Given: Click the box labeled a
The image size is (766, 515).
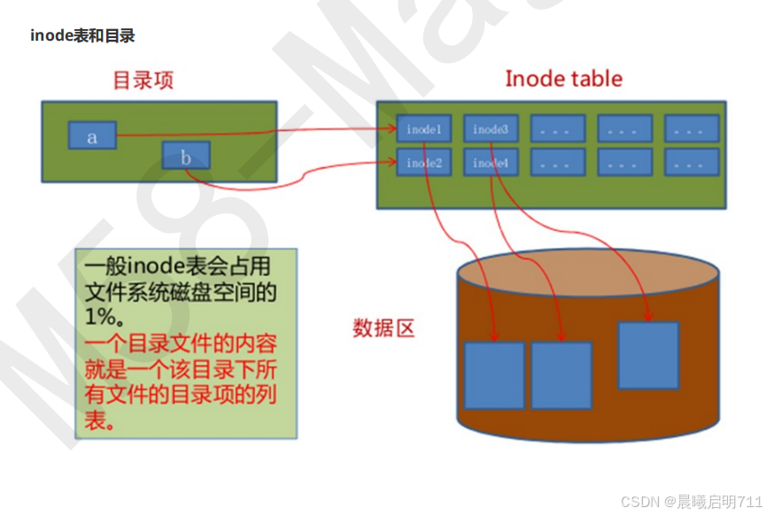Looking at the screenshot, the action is pos(92,136).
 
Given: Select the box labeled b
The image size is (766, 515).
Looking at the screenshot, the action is pos(185,157).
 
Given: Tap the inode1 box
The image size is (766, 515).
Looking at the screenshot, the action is pos(423,129).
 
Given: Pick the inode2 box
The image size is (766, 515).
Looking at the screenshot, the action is pos(423,163).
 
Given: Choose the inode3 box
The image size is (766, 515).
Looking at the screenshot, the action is pos(490,129).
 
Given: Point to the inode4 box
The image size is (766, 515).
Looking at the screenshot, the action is pos(490,163).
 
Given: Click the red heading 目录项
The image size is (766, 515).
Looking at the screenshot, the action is pos(143,80).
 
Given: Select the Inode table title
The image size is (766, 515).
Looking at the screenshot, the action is pos(563,78).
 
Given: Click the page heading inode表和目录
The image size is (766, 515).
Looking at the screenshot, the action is pos(82,36).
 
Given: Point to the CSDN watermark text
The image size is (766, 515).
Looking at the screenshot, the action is pos(692,502).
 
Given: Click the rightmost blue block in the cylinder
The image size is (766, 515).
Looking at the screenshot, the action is pos(648,355).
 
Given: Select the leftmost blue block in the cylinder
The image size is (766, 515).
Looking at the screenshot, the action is pos(494,374).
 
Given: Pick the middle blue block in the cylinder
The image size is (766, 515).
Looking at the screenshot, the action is pos(561,374).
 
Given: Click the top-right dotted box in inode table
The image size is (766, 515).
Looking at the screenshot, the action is pos(692,129).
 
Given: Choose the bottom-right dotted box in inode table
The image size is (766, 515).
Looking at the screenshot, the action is pos(692,163).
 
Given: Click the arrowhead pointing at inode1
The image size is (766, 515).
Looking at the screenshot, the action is pos(391,129).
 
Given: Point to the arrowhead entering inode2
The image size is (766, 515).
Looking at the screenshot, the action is pos(391,162).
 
